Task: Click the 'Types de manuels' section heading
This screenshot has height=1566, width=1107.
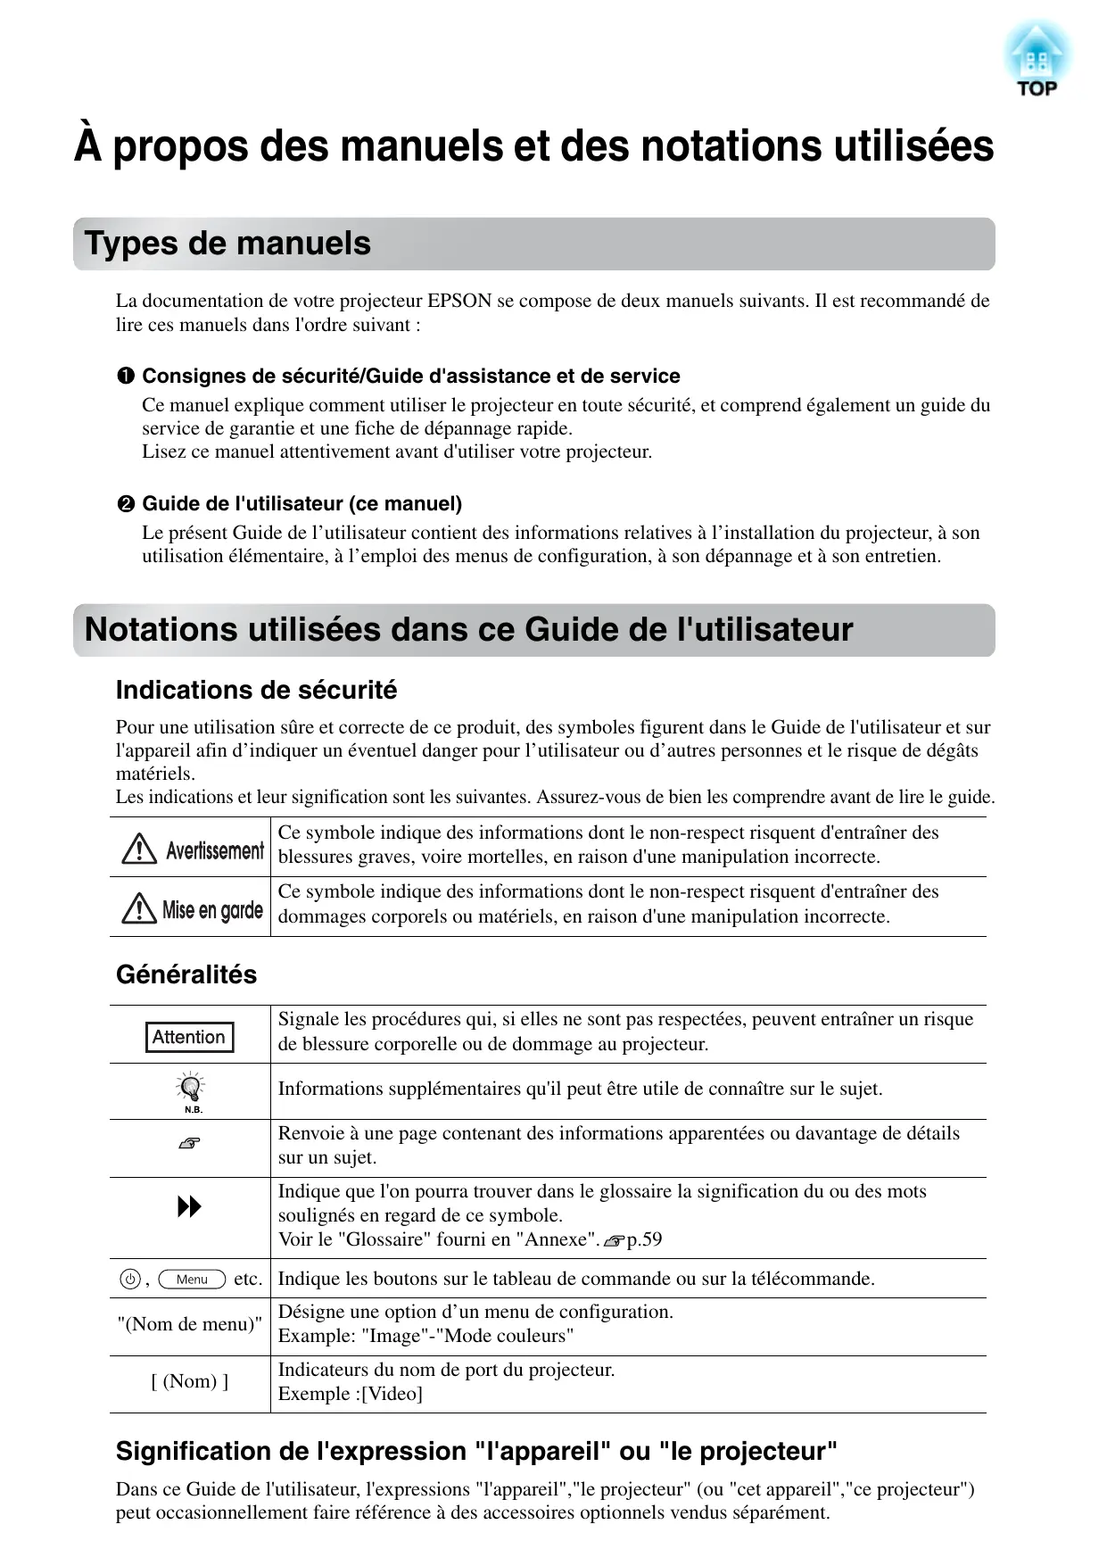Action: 227,244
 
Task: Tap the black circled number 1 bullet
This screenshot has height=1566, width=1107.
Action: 126,377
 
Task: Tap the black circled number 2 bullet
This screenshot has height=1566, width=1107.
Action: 126,504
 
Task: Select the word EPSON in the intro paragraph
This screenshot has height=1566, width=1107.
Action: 459,301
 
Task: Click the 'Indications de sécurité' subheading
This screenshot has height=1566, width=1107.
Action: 256,690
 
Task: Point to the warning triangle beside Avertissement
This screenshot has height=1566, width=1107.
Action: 139,849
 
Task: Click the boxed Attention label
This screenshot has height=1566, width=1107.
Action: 188,1037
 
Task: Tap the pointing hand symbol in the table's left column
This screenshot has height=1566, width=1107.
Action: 189,1143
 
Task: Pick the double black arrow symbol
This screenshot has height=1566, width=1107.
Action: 189,1207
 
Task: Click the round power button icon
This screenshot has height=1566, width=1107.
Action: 130,1280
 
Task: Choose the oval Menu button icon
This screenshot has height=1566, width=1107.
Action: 192,1280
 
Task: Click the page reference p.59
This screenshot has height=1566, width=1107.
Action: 643,1239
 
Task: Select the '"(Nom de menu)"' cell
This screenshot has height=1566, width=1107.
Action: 190,1324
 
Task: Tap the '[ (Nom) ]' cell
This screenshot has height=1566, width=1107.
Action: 190,1381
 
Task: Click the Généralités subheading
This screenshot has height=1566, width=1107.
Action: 186,974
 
